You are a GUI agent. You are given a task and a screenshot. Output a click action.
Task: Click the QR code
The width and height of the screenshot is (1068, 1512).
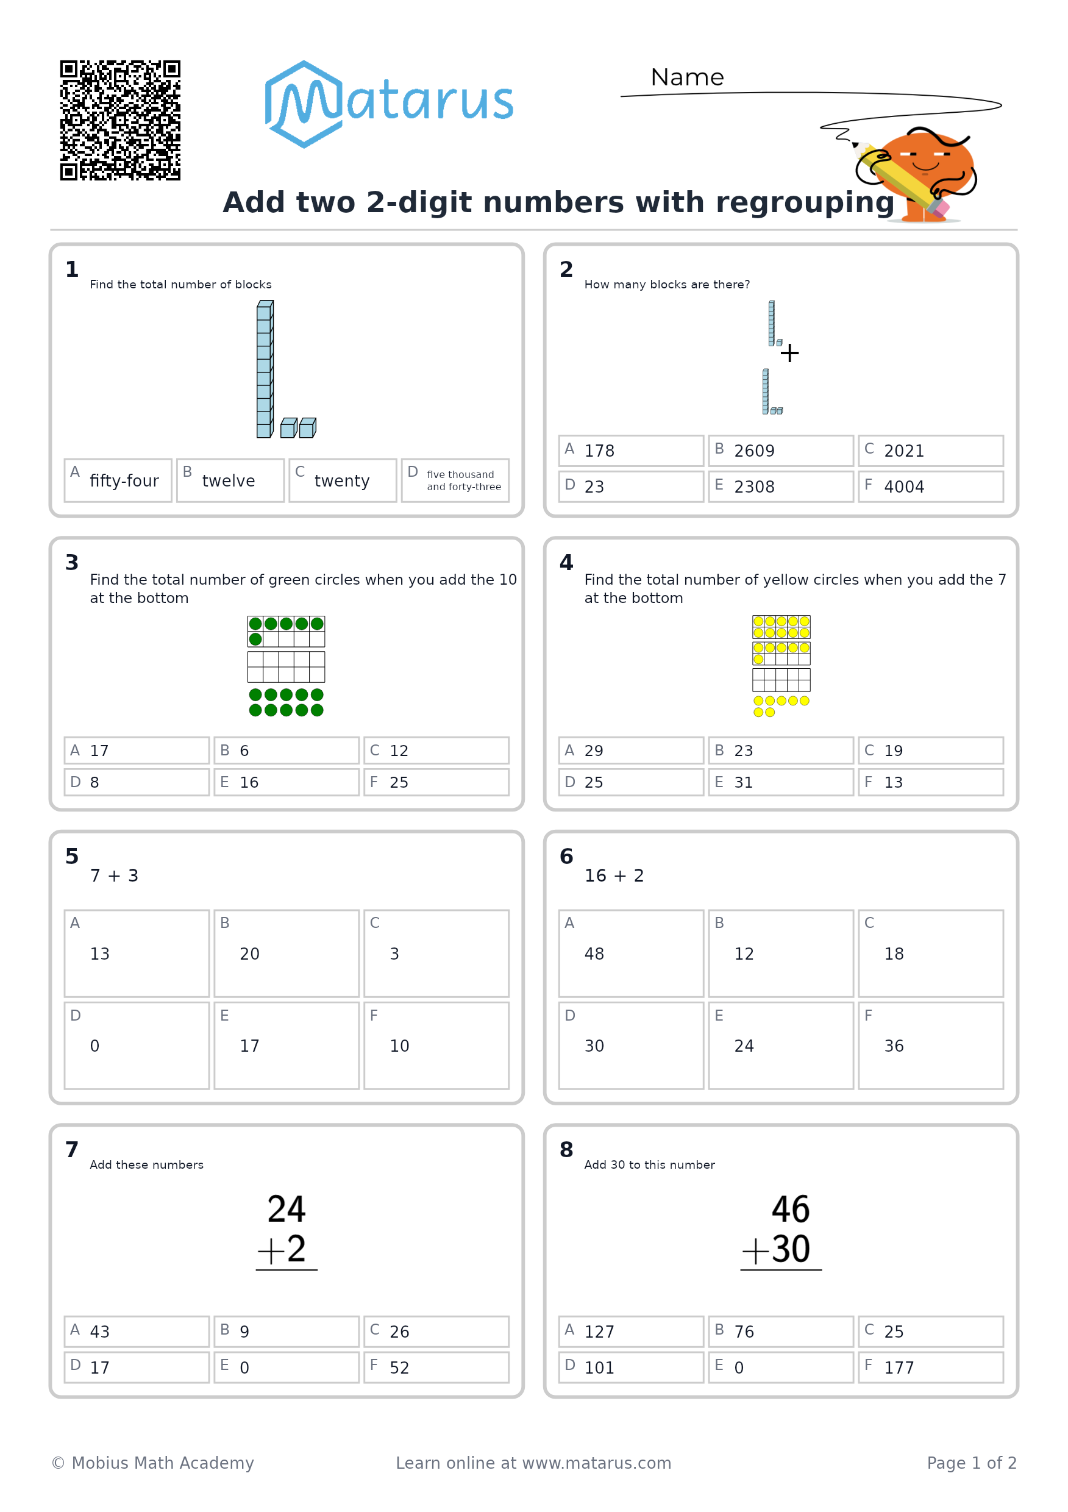(x=120, y=121)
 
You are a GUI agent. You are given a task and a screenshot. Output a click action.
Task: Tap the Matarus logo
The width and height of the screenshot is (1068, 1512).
(x=388, y=104)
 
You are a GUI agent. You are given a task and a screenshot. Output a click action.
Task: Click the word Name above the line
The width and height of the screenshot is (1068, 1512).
(x=687, y=77)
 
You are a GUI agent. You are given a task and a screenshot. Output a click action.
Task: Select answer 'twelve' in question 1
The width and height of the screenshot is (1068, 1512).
(x=230, y=481)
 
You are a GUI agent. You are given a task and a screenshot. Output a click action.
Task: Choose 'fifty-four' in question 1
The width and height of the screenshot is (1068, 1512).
(x=118, y=481)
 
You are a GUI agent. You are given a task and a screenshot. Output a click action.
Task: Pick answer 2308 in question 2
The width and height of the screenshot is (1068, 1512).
(x=781, y=487)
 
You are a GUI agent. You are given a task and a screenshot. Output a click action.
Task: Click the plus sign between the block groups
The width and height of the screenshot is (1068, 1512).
(x=789, y=354)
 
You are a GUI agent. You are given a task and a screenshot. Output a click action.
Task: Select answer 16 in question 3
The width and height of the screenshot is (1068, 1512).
(x=287, y=782)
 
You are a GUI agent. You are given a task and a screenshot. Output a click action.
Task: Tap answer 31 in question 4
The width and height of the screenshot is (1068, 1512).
(x=781, y=782)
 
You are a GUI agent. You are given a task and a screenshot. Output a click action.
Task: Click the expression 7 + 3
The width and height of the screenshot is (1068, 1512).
(x=114, y=876)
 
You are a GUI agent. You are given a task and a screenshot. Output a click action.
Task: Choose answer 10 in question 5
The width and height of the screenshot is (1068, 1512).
(x=436, y=1046)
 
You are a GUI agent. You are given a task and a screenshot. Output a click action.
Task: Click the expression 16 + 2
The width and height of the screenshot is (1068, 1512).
(x=614, y=876)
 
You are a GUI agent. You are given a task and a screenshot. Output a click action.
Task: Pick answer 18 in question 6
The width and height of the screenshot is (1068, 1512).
(x=931, y=954)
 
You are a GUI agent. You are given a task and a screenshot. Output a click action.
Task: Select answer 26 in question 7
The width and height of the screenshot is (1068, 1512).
(x=436, y=1332)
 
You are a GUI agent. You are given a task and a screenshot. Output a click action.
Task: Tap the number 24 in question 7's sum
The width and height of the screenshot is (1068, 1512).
(x=287, y=1209)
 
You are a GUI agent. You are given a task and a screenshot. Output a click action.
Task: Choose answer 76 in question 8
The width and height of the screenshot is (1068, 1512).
(x=781, y=1332)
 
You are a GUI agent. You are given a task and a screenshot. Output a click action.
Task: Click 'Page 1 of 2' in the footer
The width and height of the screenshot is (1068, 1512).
(x=972, y=1463)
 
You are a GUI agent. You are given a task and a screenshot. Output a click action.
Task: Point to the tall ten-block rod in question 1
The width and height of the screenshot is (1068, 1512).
(x=265, y=369)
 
